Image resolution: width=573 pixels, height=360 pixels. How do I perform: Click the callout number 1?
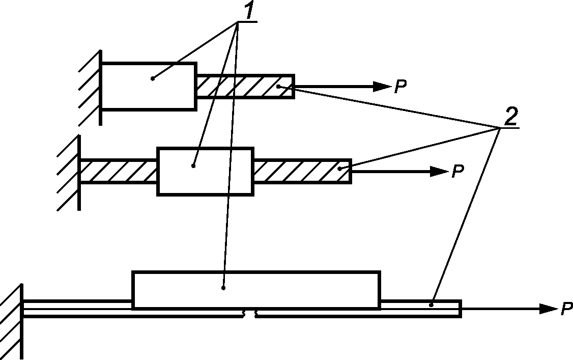[248, 12]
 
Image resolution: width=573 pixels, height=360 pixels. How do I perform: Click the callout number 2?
[510, 117]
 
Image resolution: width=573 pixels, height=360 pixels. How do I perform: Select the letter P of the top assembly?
[401, 87]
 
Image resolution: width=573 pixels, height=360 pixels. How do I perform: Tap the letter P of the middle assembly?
[458, 172]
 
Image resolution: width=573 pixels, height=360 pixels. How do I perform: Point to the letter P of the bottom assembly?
[566, 309]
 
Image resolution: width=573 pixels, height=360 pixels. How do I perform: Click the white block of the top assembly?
[149, 86]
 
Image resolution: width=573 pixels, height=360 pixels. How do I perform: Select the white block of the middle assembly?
[205, 171]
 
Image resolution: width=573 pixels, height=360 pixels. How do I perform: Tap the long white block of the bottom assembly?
[256, 290]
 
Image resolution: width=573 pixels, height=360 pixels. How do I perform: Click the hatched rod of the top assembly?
[245, 86]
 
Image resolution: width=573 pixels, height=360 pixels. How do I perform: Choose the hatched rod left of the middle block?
[119, 171]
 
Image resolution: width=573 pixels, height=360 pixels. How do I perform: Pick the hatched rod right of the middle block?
[302, 171]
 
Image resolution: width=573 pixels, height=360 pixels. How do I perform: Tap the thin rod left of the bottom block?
[76, 308]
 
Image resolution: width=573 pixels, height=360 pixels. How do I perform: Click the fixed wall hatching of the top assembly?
[90, 87]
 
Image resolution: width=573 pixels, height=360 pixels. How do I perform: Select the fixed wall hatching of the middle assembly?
[68, 172]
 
